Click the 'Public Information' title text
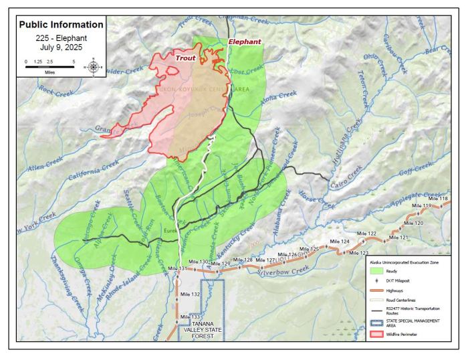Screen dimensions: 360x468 [61, 25]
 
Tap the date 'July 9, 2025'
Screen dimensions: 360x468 [61, 48]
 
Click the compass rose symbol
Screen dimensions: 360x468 [93, 66]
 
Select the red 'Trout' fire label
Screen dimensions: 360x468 [186, 58]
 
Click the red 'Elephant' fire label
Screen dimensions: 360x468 [245, 41]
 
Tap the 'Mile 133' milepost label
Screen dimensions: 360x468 [190, 317]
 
